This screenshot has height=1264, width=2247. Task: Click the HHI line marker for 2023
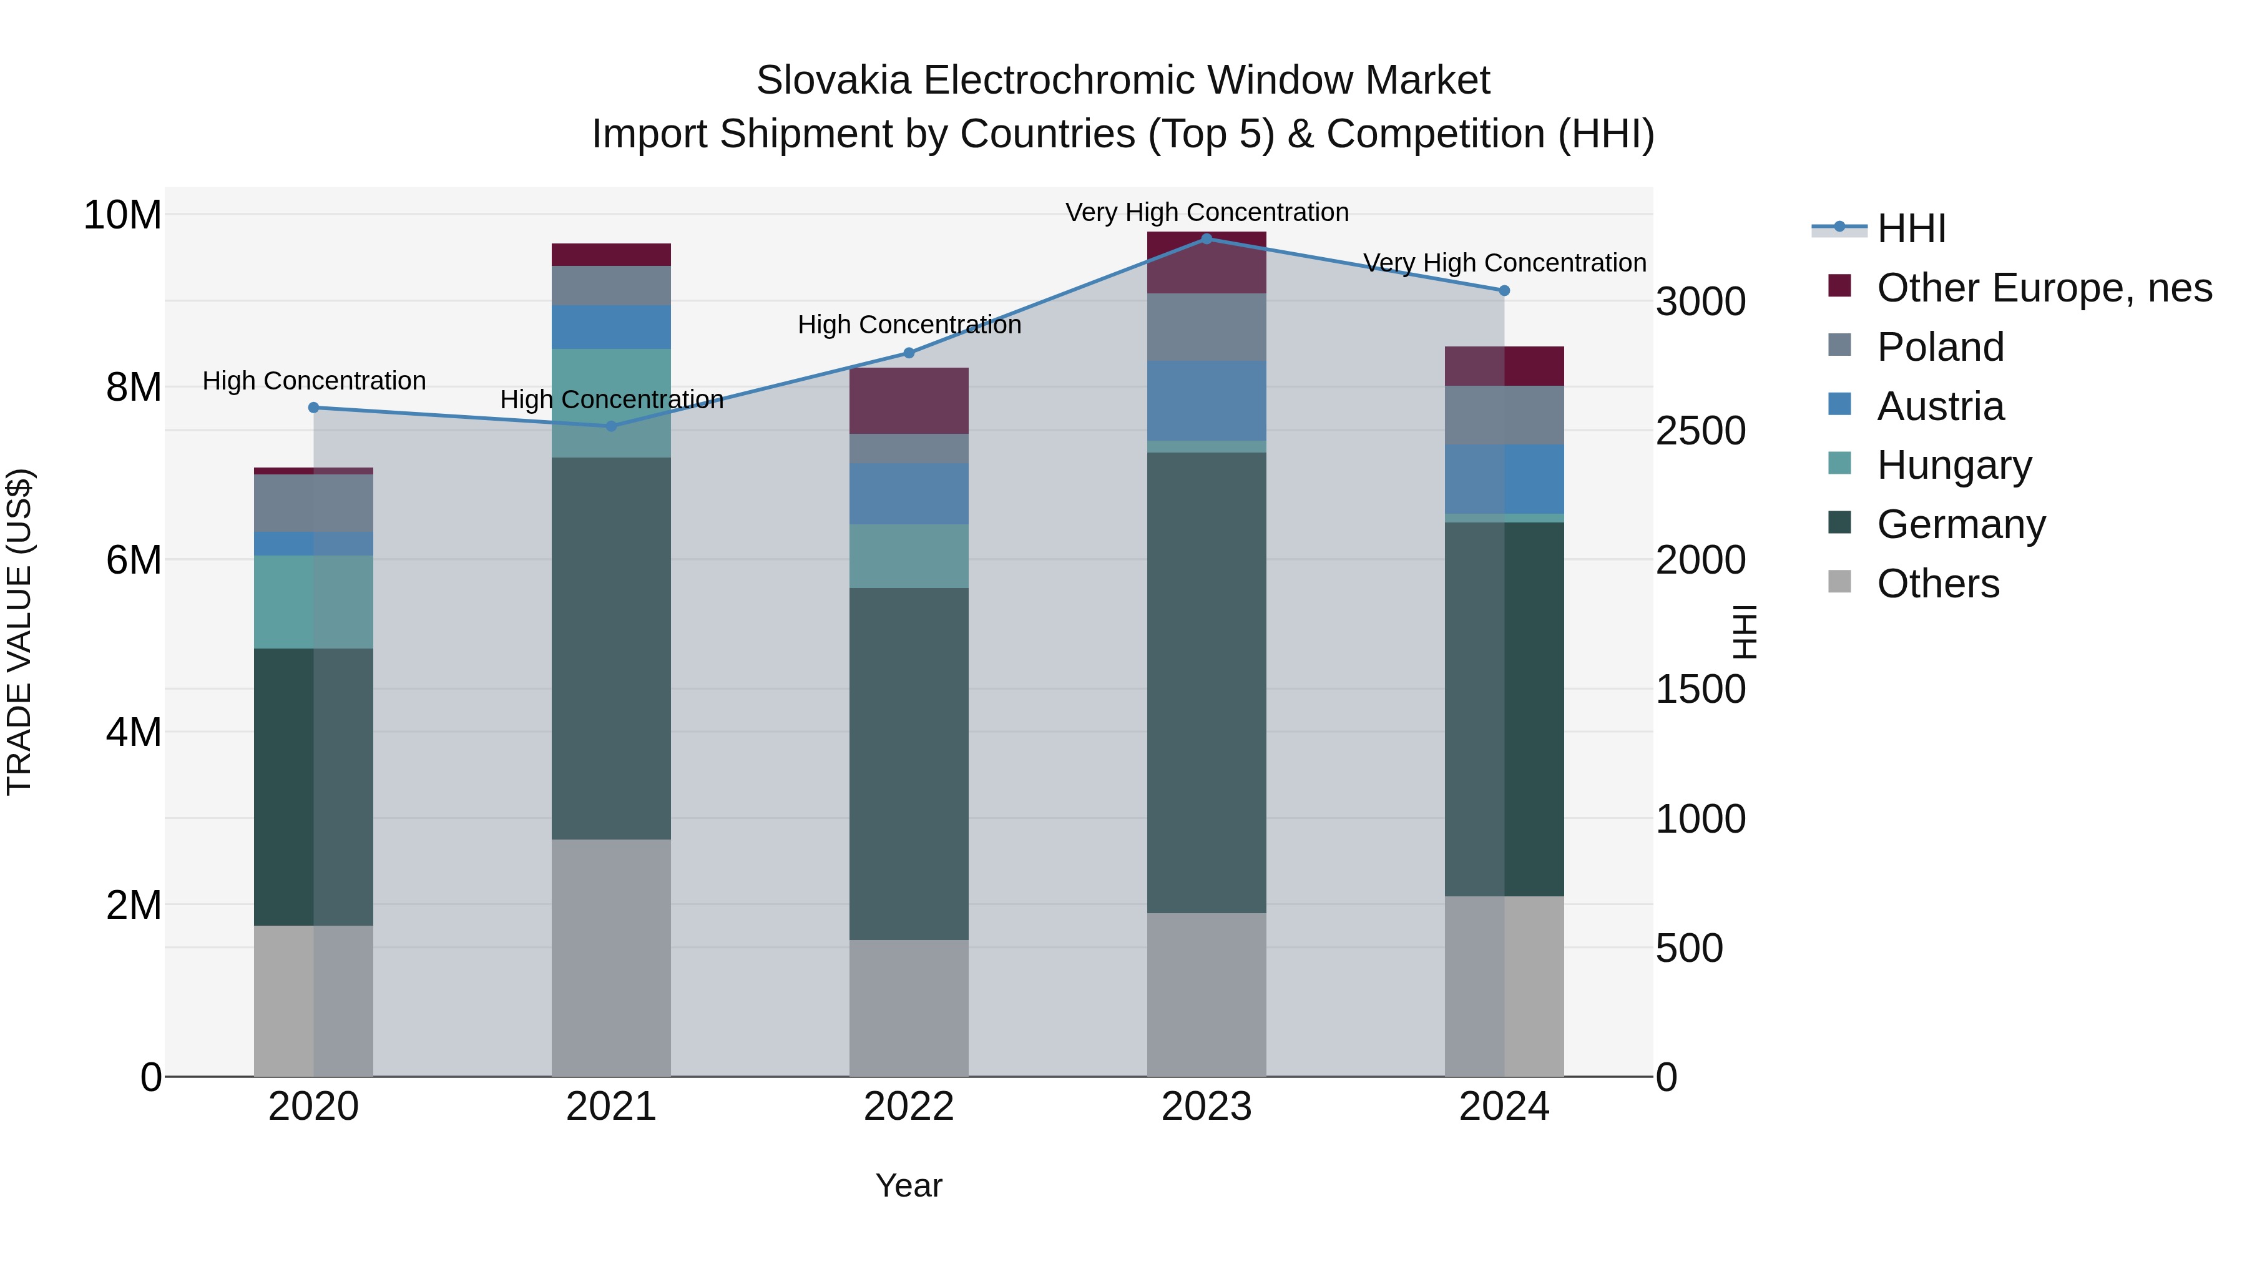[x=1207, y=238]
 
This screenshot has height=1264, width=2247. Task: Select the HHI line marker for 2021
[x=612, y=426]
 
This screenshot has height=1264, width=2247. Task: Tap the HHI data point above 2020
[x=314, y=408]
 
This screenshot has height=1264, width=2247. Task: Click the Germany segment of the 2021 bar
[x=612, y=647]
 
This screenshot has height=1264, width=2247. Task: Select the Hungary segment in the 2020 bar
[x=314, y=601]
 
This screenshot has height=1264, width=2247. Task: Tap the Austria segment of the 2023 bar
[x=1207, y=399]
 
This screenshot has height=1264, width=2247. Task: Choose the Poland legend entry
[x=1940, y=347]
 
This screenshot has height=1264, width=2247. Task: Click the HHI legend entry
[x=1911, y=228]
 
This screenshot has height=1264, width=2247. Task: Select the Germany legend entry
[x=1960, y=524]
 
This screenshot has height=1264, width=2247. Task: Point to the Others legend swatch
[x=1839, y=581]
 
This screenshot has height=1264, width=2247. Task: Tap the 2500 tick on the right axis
[x=1700, y=431]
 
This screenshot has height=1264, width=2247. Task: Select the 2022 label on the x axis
[x=909, y=1107]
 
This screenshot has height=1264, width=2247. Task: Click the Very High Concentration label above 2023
[x=1207, y=212]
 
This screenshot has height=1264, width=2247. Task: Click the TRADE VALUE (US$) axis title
[x=19, y=632]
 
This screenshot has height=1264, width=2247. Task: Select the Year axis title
[x=909, y=1185]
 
